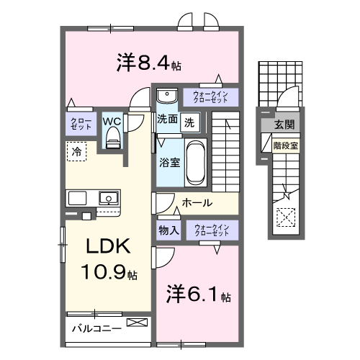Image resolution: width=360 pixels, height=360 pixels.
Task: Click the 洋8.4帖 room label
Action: pyautogui.click(x=148, y=63)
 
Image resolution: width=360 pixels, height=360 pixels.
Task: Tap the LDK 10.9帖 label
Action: pyautogui.click(x=108, y=258)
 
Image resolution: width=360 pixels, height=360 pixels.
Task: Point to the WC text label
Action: pyautogui.click(x=112, y=121)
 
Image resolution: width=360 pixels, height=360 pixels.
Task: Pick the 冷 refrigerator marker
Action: pyautogui.click(x=76, y=152)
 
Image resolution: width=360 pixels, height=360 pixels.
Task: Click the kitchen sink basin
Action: pyautogui.click(x=108, y=198)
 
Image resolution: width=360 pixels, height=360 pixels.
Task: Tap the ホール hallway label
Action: pyautogui.click(x=196, y=204)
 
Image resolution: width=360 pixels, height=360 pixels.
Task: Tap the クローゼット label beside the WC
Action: pyautogui.click(x=79, y=123)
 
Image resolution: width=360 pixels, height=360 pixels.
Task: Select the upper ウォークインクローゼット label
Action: pyautogui.click(x=210, y=96)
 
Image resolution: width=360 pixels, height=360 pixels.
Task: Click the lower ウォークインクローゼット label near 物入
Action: pyautogui.click(x=210, y=230)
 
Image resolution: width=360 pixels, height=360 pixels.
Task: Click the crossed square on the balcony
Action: pyautogui.click(x=135, y=324)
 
